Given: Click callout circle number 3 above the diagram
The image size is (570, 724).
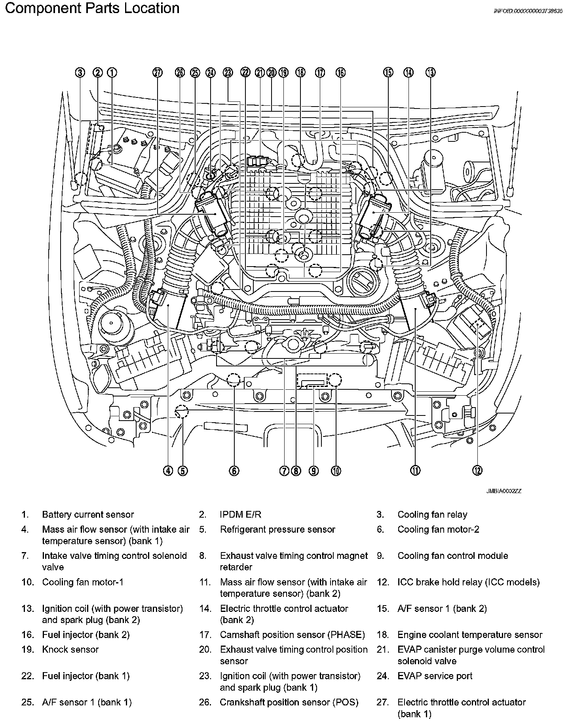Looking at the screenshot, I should click(80, 72).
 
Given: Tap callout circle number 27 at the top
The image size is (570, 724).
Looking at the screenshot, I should click(158, 72).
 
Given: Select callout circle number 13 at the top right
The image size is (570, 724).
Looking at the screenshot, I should click(431, 72).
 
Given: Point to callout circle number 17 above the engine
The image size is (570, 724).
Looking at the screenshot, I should click(320, 72).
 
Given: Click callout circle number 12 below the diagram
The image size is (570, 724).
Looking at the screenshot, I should click(477, 471).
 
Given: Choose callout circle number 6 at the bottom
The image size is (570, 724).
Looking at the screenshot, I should click(234, 471).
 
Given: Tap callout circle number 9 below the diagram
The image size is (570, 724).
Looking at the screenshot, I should click(313, 471).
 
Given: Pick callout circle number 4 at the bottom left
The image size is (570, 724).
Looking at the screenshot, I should click(169, 471).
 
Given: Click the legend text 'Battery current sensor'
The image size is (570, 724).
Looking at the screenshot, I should click(88, 514).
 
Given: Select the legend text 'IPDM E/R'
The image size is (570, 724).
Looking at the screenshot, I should click(240, 514).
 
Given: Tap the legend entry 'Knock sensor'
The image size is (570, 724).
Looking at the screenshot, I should click(70, 649).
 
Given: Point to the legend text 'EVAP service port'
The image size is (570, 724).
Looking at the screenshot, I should click(435, 676).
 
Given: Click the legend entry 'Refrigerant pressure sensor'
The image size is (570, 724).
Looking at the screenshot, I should click(277, 530).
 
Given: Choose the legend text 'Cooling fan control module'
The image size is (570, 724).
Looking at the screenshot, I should click(452, 556).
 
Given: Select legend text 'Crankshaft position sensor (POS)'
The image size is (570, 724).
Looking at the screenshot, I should click(289, 702).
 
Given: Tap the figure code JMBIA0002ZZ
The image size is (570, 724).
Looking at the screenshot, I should click(503, 491).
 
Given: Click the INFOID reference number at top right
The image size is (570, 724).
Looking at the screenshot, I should click(528, 11).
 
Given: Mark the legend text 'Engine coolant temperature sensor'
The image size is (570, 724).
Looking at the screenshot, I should click(470, 635).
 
